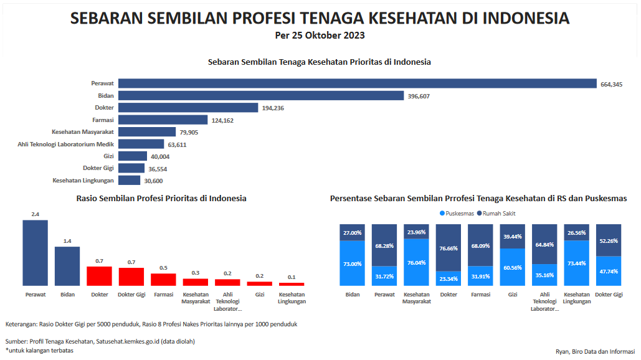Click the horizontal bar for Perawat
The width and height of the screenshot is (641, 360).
tap(358, 83)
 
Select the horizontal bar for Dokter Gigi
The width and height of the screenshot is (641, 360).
tap(131, 168)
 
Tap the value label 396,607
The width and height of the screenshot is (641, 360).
tap(419, 96)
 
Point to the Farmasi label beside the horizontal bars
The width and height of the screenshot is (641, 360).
tap(103, 120)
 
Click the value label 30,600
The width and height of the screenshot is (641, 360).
tap(153, 181)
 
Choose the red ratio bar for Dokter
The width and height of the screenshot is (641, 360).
tap(99, 276)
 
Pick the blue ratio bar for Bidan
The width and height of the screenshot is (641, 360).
tap(67, 266)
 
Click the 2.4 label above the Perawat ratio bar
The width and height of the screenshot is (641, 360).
tap(35, 214)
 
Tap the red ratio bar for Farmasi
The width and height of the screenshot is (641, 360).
tap(163, 279)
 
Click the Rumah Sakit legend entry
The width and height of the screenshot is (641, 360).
tap(496, 213)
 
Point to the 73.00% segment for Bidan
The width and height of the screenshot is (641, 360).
tap(352, 263)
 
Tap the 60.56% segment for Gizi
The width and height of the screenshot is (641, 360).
tap(512, 268)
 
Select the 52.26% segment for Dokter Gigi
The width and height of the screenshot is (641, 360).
tap(609, 240)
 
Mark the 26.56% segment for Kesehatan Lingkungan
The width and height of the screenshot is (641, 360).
tap(576, 232)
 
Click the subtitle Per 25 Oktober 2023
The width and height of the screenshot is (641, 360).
tap(320, 36)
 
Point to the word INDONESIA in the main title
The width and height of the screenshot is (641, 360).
tap(525, 18)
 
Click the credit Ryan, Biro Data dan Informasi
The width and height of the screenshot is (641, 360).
tap(595, 351)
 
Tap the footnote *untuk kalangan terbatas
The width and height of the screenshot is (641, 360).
tap(39, 350)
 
